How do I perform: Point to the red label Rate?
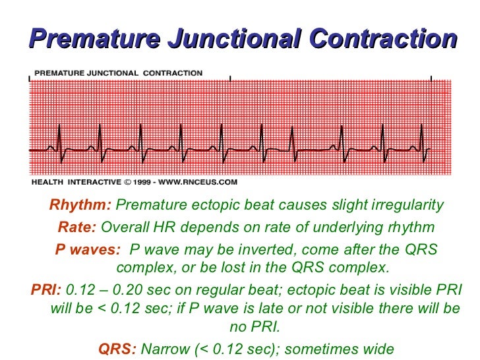click(77, 227)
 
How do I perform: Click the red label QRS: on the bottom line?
click(117, 349)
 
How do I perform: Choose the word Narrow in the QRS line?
click(165, 349)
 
